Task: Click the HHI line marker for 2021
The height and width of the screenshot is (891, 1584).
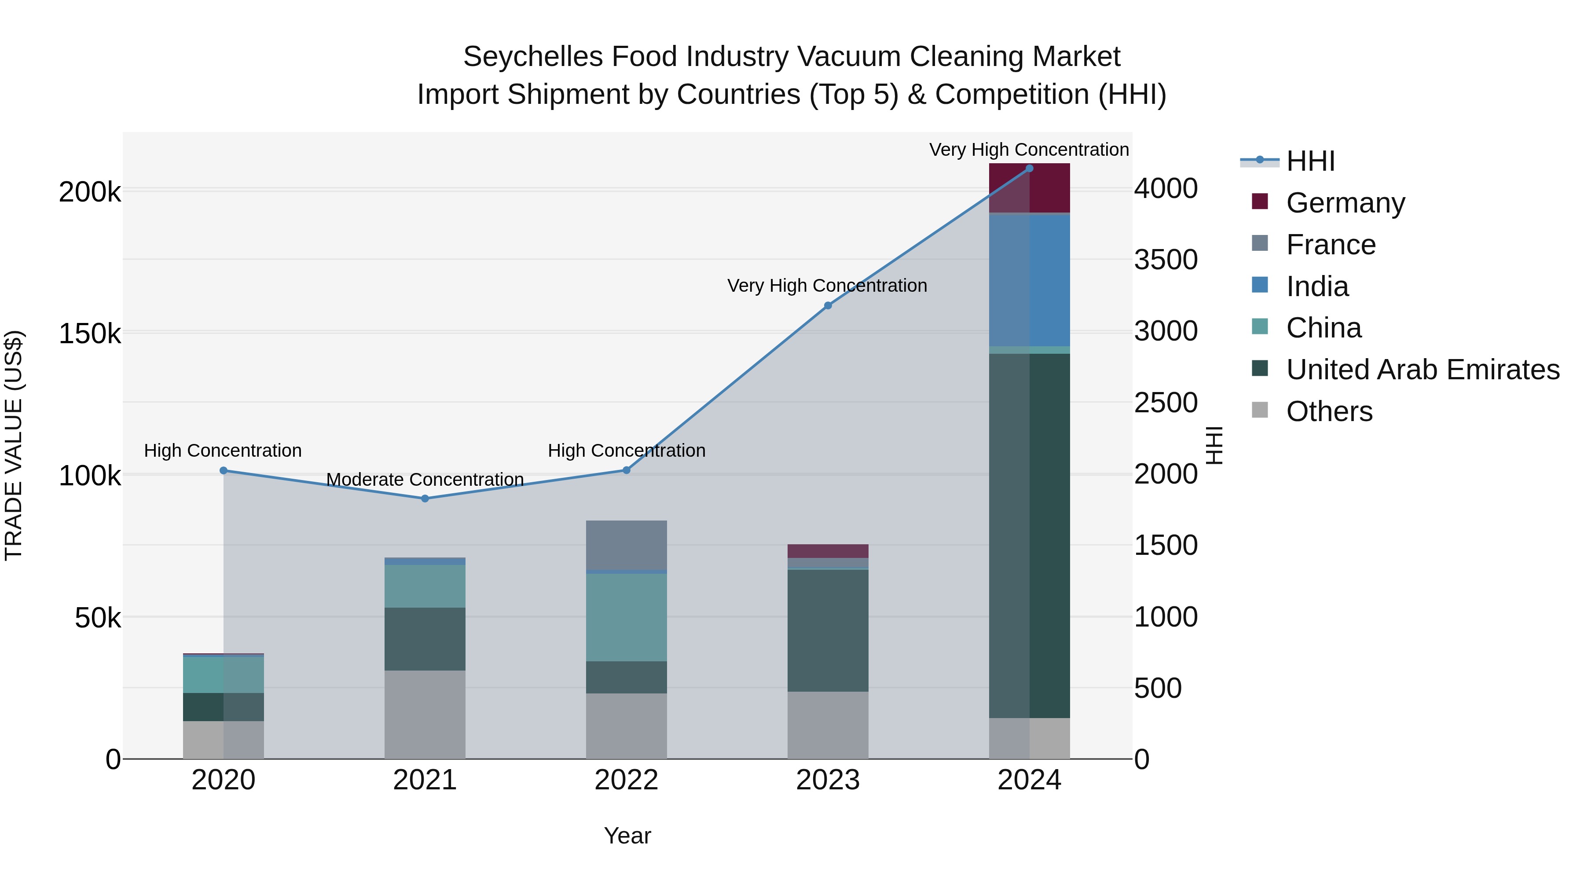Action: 425,498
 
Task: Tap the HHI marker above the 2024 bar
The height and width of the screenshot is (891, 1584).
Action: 1029,169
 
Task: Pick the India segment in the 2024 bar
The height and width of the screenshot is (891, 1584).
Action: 1029,280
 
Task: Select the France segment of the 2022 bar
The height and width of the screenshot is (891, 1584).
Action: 626,546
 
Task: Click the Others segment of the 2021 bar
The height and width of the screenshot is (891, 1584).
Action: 425,714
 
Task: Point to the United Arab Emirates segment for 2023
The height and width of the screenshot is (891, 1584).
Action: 828,630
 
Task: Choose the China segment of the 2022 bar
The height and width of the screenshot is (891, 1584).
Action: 626,617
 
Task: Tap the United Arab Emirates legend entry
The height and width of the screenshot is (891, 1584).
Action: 1422,370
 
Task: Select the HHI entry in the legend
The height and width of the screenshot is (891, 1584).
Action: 1310,161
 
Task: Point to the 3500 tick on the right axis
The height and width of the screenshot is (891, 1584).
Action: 1165,260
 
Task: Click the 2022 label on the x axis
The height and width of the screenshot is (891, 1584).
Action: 626,780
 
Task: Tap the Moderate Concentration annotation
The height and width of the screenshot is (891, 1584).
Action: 425,480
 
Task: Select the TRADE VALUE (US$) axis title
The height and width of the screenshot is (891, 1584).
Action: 14,445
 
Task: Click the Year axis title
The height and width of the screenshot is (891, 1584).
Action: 627,836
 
